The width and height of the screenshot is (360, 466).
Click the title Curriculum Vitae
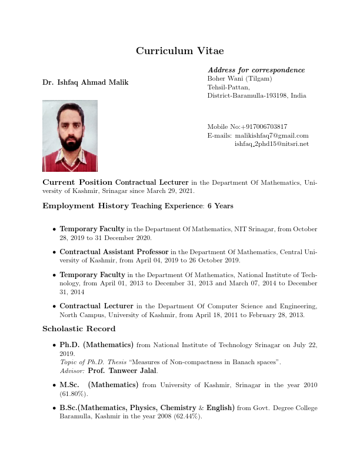pyautogui.click(x=179, y=51)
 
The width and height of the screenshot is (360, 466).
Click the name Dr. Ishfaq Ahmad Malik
pyautogui.click(x=85, y=82)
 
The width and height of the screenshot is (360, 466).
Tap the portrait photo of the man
pyautogui.click(x=70, y=135)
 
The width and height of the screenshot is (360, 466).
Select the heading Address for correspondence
pyautogui.click(x=256, y=70)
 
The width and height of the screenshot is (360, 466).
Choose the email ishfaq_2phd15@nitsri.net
pyautogui.click(x=271, y=144)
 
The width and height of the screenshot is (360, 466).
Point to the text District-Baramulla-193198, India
pyautogui.click(x=256, y=95)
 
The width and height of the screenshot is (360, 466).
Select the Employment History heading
pyautogui.click(x=85, y=206)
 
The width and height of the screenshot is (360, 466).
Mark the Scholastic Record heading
pyautogui.click(x=79, y=328)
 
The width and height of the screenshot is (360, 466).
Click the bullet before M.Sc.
pyautogui.click(x=55, y=385)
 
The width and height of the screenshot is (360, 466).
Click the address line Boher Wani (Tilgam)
pyautogui.click(x=239, y=78)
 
